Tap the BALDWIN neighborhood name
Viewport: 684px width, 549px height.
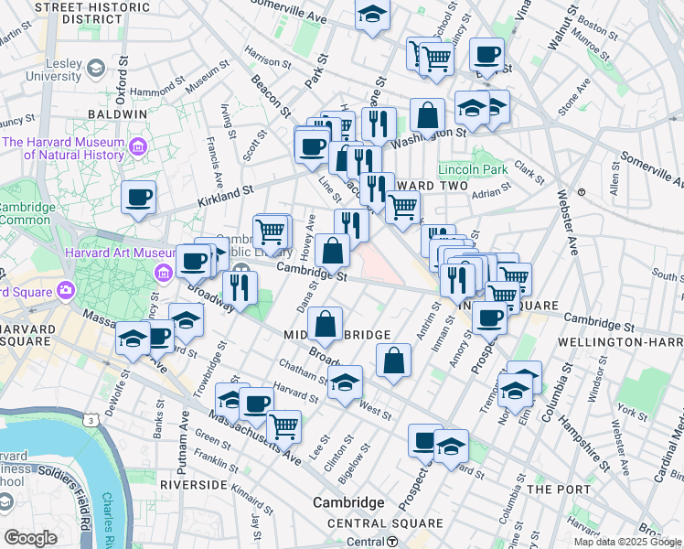[117, 114]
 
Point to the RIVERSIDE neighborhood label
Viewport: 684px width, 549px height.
[192, 483]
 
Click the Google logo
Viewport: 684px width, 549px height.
[30, 538]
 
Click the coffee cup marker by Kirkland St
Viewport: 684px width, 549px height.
[139, 198]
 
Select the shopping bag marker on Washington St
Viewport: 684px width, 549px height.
[427, 116]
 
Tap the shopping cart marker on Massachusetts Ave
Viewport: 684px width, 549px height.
[283, 425]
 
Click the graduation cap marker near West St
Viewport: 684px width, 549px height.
[345, 383]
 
